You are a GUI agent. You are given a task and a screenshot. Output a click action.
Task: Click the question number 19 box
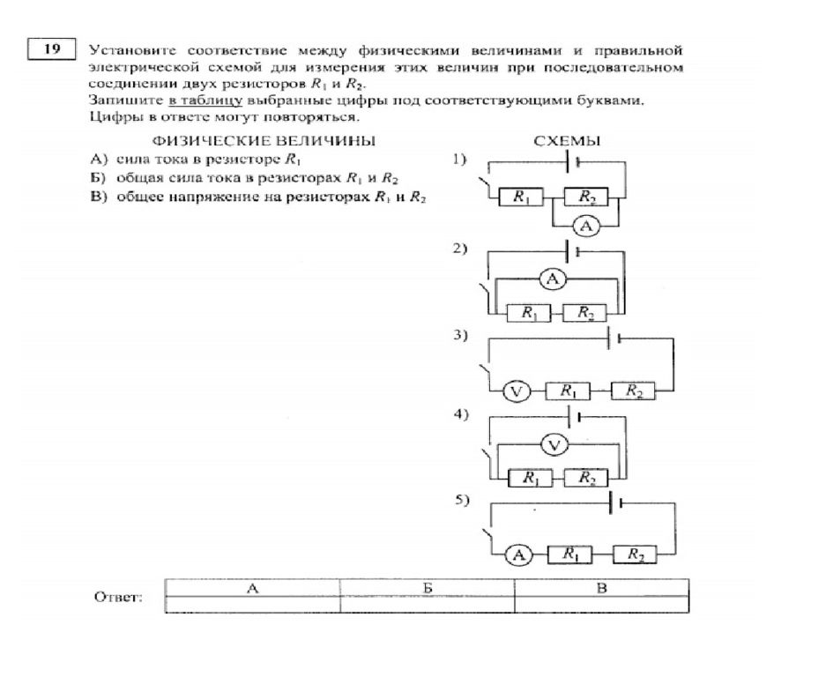52,49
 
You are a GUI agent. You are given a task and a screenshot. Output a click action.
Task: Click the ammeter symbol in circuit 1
586,226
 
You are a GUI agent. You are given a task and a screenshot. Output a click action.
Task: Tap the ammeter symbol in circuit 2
552,279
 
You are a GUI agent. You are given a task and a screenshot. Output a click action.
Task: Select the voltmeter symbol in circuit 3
517,391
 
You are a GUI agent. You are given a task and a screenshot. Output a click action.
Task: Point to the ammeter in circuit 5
519,554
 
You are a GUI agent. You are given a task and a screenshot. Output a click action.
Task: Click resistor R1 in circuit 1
520,197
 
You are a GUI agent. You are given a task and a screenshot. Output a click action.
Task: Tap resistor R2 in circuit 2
584,313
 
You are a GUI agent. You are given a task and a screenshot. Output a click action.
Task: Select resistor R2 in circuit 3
633,391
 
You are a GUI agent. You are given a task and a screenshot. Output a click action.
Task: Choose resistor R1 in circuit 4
530,479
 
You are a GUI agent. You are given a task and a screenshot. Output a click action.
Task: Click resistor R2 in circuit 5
635,554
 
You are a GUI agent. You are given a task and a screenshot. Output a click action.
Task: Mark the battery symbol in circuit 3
614,338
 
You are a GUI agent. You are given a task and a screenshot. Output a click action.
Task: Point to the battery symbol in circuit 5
615,503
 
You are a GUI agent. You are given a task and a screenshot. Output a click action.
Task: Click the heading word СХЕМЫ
567,141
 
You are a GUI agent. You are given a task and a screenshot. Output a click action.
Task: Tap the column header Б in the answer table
428,588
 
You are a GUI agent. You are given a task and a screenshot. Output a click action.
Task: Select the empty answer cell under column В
601,605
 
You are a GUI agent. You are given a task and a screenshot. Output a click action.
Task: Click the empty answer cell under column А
253,605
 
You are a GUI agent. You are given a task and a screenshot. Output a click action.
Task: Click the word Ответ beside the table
118,598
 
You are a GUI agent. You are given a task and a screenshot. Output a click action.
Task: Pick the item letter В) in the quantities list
99,197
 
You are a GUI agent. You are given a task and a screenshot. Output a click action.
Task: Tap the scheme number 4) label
460,414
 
